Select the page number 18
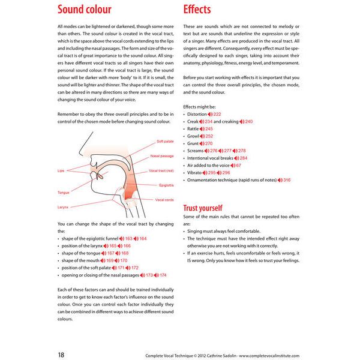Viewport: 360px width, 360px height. [62, 355]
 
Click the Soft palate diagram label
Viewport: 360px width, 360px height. [164, 142]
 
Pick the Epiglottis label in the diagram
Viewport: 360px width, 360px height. [166, 185]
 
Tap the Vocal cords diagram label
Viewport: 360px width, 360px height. [164, 200]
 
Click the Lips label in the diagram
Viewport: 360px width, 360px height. [61, 171]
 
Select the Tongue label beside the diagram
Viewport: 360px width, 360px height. [64, 193]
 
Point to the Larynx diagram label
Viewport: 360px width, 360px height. [63, 207]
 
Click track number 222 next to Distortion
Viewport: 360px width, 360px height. [217, 114]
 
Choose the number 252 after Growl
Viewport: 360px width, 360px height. [209, 136]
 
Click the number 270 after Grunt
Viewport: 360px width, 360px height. [209, 143]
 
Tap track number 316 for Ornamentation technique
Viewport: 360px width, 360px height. [287, 180]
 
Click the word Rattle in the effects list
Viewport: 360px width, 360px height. [193, 129]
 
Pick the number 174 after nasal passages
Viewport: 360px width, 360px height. [163, 275]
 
